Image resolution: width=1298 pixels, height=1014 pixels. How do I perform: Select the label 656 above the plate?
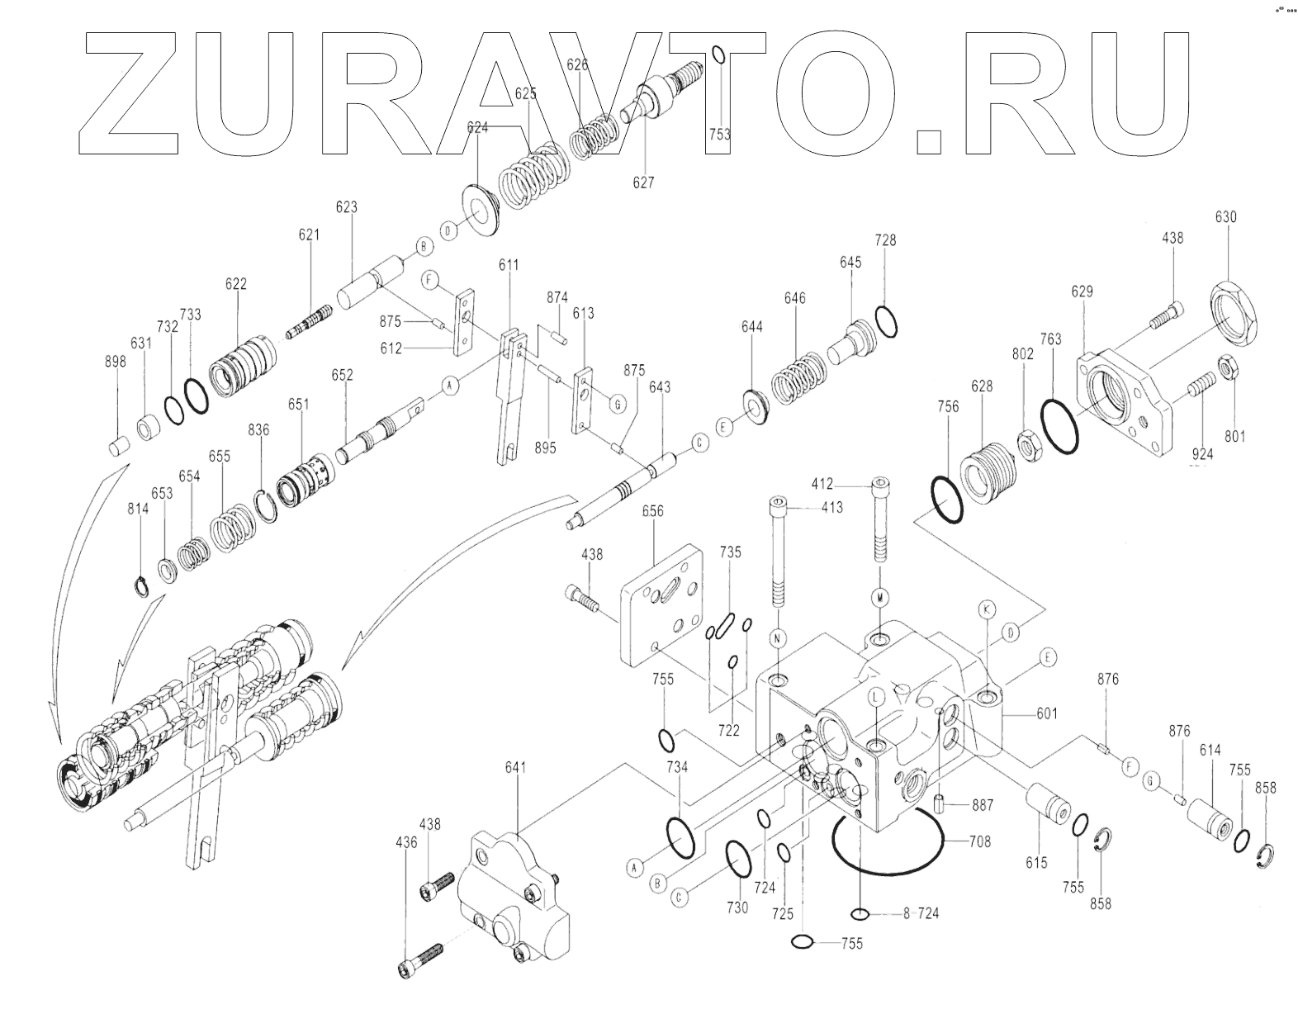[652, 511]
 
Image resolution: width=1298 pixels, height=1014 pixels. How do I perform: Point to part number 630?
[1225, 217]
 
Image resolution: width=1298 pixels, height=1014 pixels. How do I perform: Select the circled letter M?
[880, 596]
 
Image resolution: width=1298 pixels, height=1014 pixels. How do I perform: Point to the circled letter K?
[986, 609]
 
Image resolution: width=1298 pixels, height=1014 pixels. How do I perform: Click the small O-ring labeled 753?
[718, 55]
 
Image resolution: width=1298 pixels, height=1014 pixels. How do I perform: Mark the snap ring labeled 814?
[140, 587]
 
